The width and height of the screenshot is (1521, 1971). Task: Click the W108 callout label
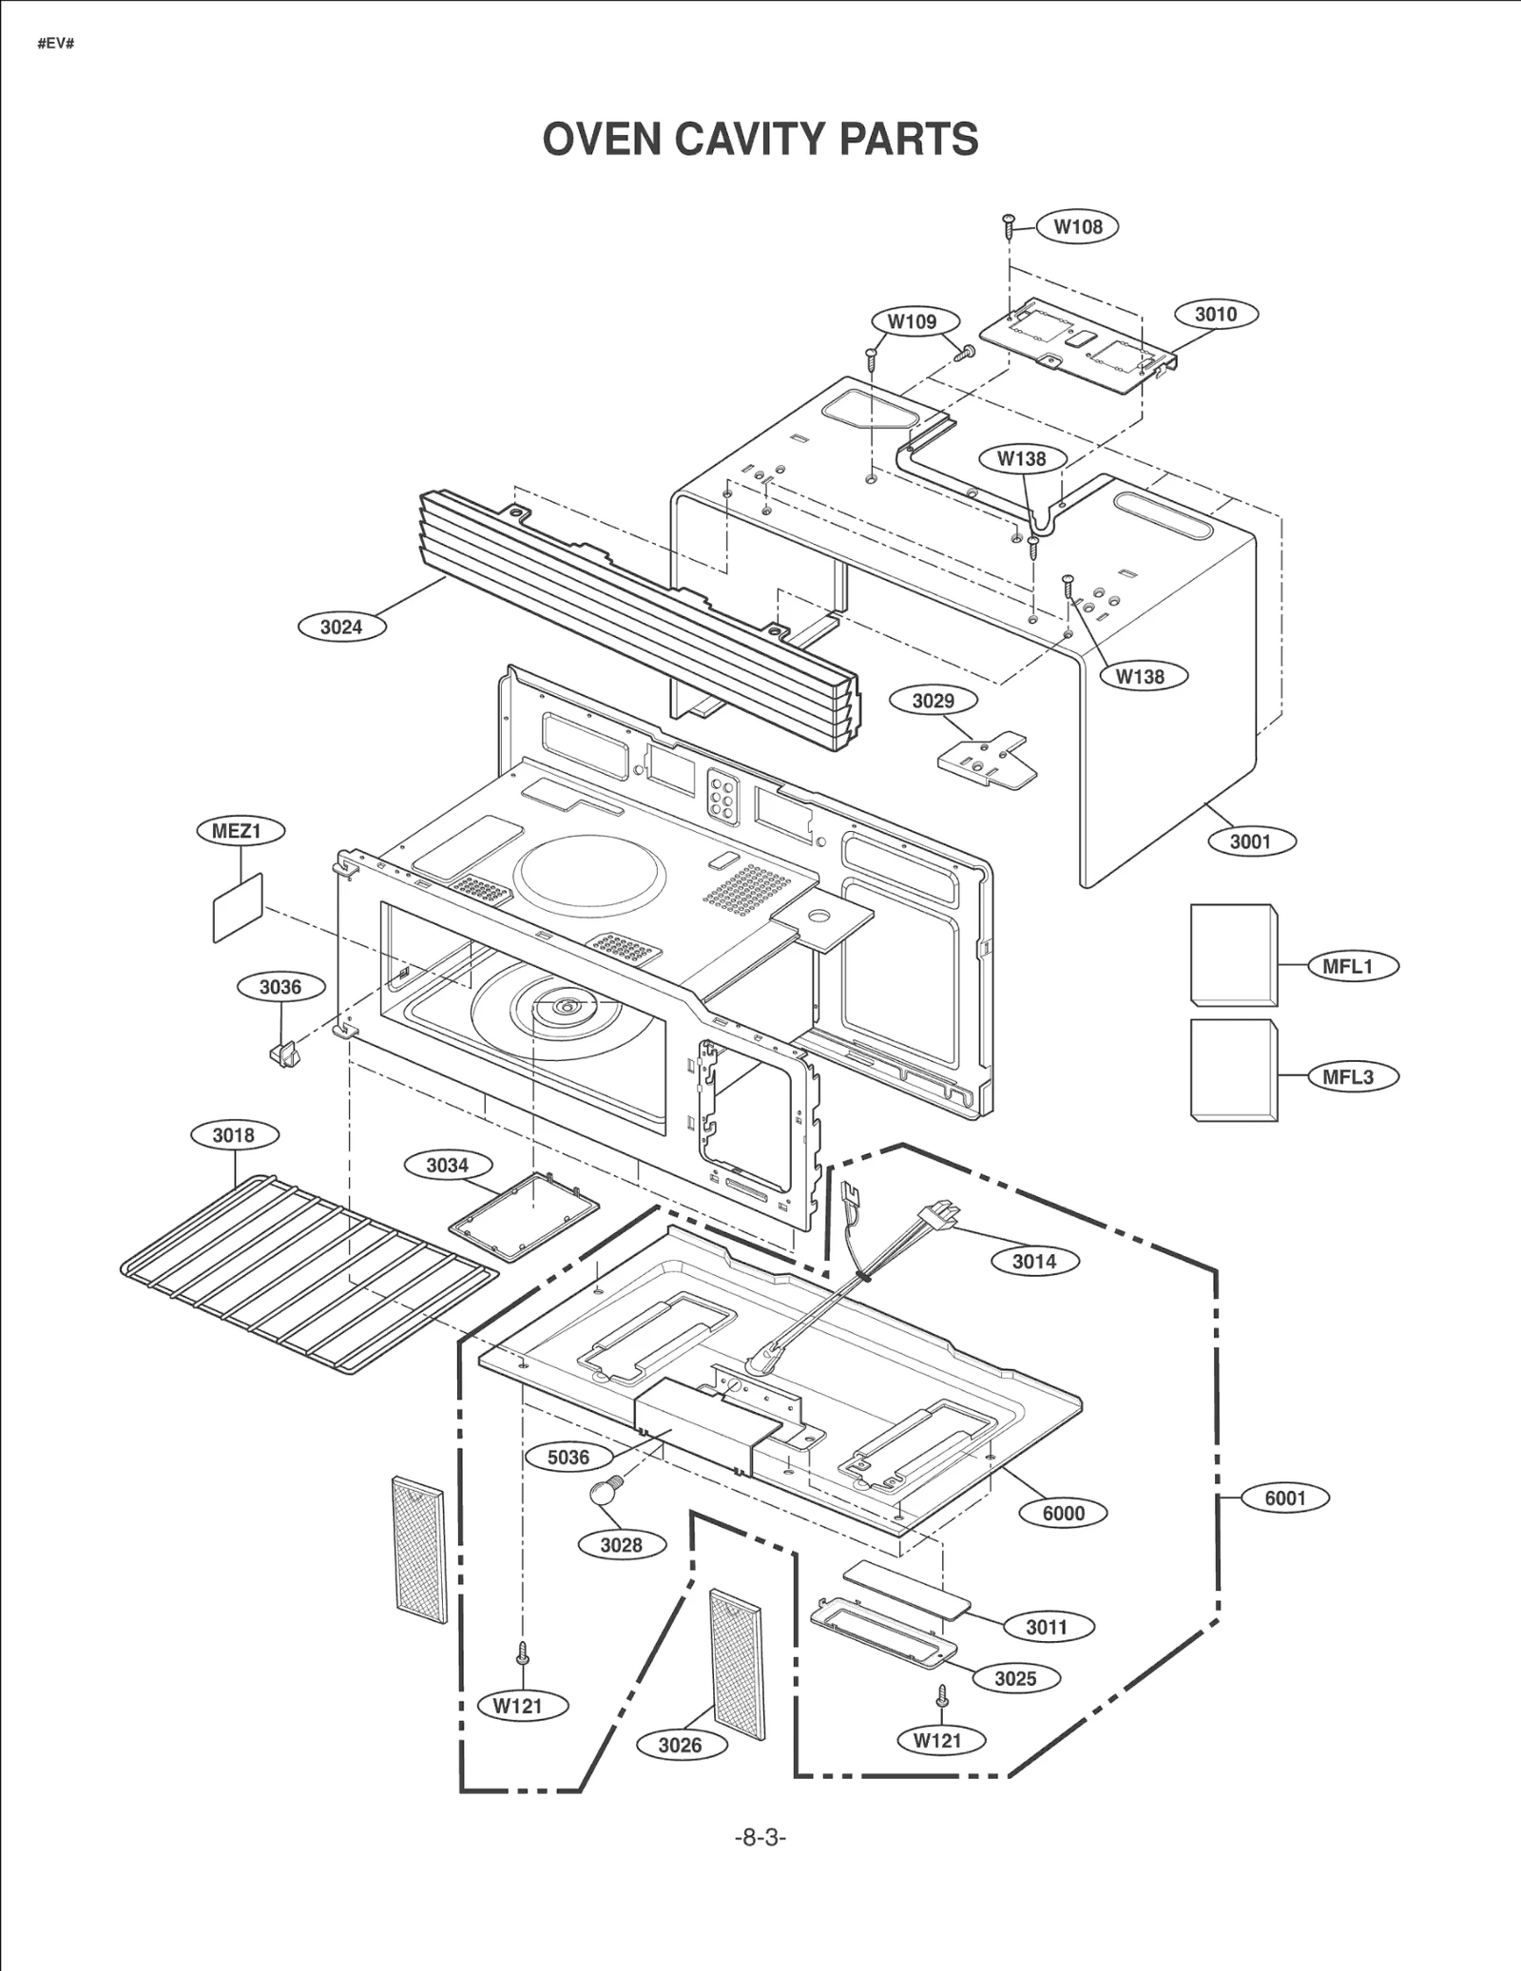[x=1078, y=226]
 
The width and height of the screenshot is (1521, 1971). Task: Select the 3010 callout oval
[x=1216, y=314]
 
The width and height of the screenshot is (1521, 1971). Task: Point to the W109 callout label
[x=912, y=321]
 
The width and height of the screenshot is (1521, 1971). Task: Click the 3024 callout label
[x=341, y=627]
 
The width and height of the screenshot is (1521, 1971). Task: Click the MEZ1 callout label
[x=236, y=830]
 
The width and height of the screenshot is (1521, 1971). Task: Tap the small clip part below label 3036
[x=284, y=1053]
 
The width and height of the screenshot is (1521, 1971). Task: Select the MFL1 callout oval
[x=1348, y=967]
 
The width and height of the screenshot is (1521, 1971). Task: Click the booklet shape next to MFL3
[x=1233, y=1070]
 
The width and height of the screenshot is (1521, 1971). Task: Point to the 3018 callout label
[x=233, y=1134]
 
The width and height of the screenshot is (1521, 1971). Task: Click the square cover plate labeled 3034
[x=526, y=1216]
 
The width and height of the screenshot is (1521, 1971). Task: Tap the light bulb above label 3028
[x=604, y=1490]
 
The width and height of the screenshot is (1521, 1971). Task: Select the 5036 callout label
[x=568, y=1457]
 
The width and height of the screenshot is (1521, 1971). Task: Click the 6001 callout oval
[x=1284, y=1498]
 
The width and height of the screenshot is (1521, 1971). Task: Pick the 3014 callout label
[x=1034, y=1261]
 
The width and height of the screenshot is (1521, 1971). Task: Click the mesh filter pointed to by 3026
[x=737, y=1664]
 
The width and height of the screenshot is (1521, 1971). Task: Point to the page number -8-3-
[x=760, y=1837]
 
